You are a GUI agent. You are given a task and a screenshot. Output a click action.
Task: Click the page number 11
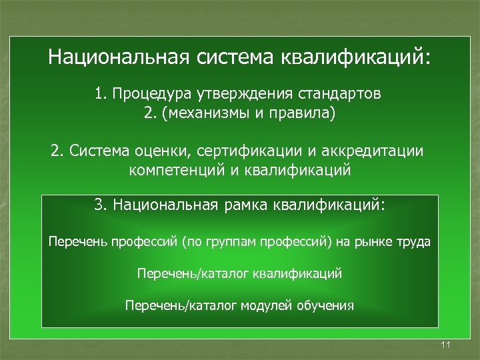pos(446,345)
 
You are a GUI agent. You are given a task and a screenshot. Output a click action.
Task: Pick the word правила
pos(302,113)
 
